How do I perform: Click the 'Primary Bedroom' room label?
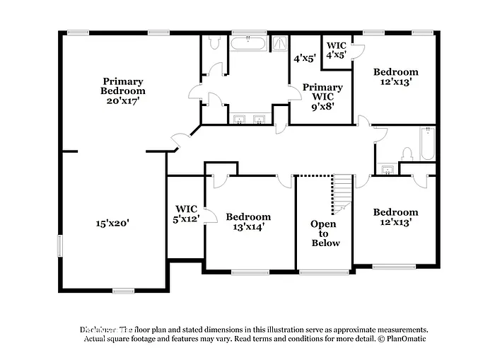click(x=123, y=86)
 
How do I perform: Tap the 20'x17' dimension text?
click(x=123, y=100)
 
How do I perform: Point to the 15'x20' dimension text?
click(x=112, y=223)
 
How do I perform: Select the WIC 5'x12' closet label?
click(x=186, y=214)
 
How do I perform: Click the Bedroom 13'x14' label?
click(x=248, y=221)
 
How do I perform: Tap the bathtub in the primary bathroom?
click(x=248, y=44)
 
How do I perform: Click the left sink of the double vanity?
click(x=238, y=120)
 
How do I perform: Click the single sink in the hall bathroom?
click(x=386, y=170)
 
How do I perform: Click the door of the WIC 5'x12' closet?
click(x=205, y=215)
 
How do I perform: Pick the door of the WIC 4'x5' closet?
click(x=356, y=51)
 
